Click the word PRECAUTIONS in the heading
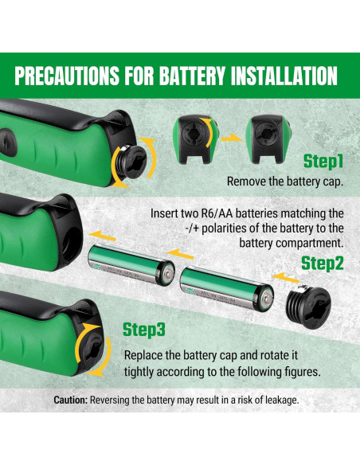point(67,76)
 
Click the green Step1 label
point(323,162)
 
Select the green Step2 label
point(322,264)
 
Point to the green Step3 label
point(144,330)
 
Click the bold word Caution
point(71,400)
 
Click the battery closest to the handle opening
point(131,264)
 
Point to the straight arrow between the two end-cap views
point(232,137)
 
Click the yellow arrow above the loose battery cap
point(285,277)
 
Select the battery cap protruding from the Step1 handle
point(131,162)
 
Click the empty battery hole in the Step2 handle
point(71,242)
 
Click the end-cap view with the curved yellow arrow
point(195,139)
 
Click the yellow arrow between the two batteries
point(180,254)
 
